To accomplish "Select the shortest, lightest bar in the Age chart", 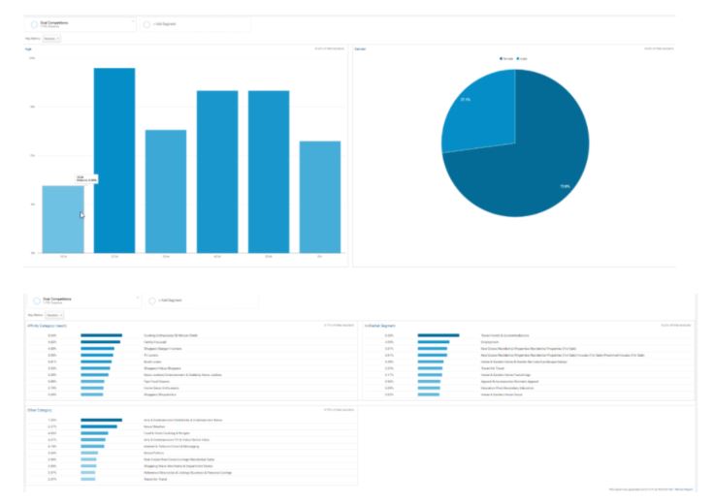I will (x=63, y=219).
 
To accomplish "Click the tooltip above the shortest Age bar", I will (x=86, y=178).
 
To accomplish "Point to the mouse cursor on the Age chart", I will (x=82, y=214).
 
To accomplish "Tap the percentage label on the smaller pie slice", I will (x=467, y=99).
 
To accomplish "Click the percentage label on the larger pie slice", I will (x=564, y=186).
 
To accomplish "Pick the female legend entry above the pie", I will (x=505, y=58).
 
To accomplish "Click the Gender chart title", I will (x=360, y=47).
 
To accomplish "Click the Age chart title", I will (x=29, y=47).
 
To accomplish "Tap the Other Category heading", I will (x=40, y=409).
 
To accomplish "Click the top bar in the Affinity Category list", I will (x=101, y=335).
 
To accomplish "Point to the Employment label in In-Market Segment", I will (x=490, y=341).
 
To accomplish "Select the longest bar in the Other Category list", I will (x=101, y=420).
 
